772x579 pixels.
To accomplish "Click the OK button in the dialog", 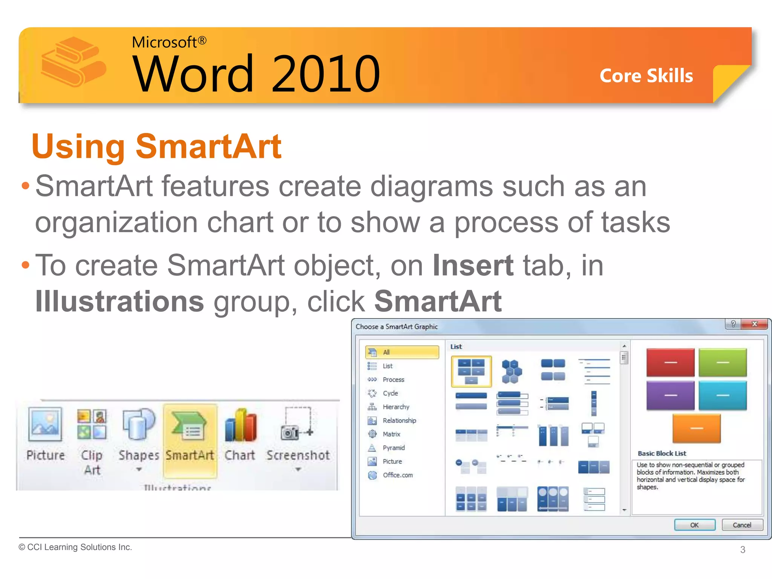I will click(694, 525).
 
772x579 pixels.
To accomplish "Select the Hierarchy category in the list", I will click(396, 407).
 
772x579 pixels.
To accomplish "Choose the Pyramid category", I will click(394, 447).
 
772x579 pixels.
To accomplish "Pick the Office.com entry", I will click(397, 475).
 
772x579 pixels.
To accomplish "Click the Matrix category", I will click(391, 434).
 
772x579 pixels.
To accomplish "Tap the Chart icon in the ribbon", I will click(240, 426).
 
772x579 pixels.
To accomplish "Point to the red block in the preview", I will click(670, 362).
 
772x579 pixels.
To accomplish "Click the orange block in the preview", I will click(696, 428).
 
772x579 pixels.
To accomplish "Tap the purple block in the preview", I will click(670, 395).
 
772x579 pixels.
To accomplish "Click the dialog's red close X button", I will click(754, 324).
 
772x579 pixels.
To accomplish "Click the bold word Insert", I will click(473, 265).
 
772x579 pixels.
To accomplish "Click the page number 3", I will click(743, 550).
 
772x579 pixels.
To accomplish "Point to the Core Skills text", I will click(646, 76).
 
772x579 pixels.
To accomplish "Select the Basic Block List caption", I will click(662, 453).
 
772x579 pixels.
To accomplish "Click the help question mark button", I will click(733, 324).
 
